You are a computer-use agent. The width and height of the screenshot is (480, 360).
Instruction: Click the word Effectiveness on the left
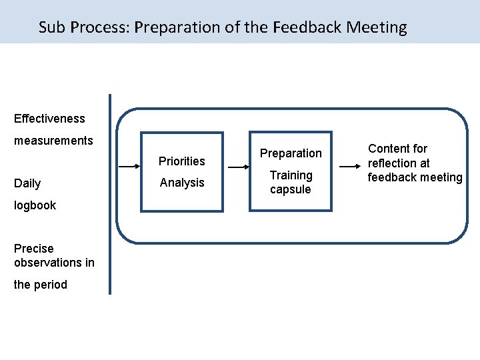tap(49, 119)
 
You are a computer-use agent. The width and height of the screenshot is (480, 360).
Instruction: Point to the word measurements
tap(53, 141)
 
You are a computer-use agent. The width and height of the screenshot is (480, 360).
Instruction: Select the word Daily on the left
tap(27, 183)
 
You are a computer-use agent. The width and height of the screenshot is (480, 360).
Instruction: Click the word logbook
tap(35, 205)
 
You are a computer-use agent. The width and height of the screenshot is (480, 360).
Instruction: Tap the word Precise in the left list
tap(33, 249)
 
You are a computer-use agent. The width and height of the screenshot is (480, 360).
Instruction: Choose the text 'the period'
tap(41, 285)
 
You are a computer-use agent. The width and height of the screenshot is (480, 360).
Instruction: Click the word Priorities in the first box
tap(181, 161)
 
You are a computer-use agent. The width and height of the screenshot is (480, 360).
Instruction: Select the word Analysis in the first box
tap(181, 183)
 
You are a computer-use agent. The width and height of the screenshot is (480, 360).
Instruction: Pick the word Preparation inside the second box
tap(291, 153)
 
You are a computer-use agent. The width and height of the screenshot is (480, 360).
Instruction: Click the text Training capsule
tap(291, 182)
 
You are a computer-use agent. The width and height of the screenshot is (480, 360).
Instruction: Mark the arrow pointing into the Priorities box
tap(129, 167)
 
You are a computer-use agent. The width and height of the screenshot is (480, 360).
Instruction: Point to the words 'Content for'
tap(398, 149)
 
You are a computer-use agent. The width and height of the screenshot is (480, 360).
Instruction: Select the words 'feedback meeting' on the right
tap(415, 177)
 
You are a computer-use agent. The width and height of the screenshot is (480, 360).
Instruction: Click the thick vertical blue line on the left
tap(110, 193)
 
